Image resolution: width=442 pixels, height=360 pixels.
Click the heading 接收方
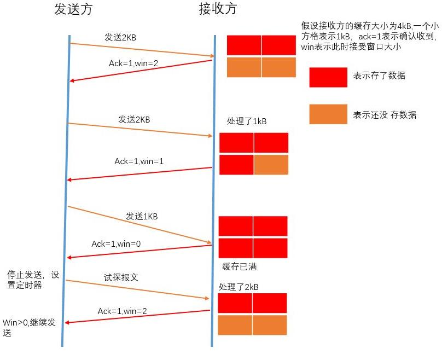[218, 9]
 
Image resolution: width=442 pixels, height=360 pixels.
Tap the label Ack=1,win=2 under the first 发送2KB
[134, 63]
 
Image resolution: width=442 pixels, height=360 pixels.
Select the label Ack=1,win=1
[139, 161]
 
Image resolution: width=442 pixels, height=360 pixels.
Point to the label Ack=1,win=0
[116, 243]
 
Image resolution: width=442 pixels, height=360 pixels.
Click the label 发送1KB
[142, 216]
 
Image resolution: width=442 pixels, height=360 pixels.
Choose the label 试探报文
[121, 277]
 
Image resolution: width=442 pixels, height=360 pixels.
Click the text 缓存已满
[240, 266]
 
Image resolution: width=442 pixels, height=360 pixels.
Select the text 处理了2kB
[239, 287]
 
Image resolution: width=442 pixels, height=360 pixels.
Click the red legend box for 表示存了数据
[328, 77]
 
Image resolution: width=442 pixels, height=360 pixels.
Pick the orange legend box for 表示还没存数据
[328, 114]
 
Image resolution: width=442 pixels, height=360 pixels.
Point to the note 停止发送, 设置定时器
[32, 279]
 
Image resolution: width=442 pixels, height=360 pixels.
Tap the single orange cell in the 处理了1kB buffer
[271, 165]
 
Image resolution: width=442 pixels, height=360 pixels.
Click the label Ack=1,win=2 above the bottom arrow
[123, 311]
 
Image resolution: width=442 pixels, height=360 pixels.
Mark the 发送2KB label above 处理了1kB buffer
[134, 119]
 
